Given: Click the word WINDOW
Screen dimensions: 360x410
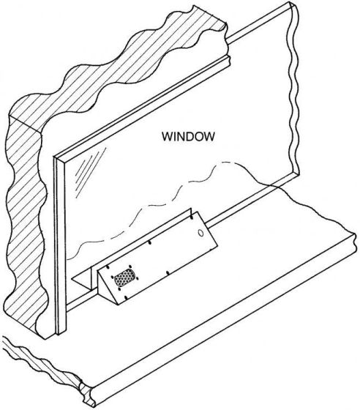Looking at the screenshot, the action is (x=188, y=136).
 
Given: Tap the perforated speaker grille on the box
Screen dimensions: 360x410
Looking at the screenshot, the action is (x=125, y=278).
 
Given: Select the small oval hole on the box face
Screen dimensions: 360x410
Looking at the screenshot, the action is (x=201, y=233).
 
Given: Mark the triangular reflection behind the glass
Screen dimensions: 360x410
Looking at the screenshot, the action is (x=81, y=279).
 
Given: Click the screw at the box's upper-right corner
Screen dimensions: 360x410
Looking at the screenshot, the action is (x=192, y=217).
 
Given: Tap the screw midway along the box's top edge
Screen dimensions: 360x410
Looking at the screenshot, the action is (x=149, y=242).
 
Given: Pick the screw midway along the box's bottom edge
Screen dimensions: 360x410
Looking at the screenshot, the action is (x=168, y=273).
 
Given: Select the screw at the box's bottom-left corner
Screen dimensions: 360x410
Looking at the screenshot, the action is (x=126, y=297).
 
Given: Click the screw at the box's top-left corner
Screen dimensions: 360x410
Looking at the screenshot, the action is (x=108, y=267).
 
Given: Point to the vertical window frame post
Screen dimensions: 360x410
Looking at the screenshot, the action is (x=60, y=246).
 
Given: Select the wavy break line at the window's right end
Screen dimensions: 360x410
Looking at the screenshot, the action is (x=294, y=89).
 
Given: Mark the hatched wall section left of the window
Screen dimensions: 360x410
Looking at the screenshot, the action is (x=25, y=223).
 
